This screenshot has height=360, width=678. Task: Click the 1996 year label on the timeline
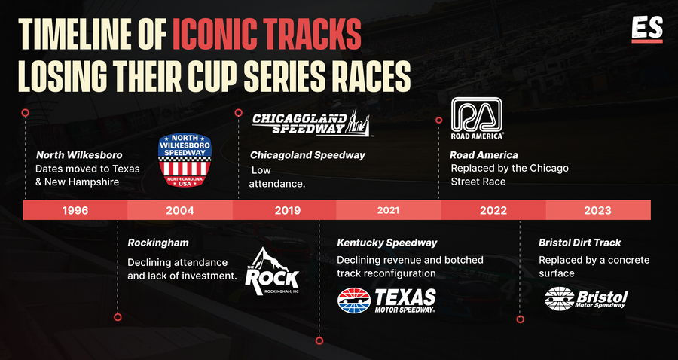click(75, 210)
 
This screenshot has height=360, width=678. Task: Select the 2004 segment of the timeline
click(180, 210)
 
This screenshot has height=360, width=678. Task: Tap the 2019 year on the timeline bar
click(288, 210)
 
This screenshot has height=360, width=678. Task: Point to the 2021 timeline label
click(388, 210)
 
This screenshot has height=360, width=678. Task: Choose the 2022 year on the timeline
click(493, 210)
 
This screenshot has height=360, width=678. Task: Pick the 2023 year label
click(598, 210)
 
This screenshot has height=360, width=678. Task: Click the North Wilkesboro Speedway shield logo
click(185, 160)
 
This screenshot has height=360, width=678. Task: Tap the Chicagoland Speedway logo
click(311, 123)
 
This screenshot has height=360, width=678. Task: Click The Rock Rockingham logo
click(272, 272)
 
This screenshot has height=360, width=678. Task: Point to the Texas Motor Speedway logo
click(386, 300)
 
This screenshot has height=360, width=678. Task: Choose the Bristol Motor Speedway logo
click(586, 298)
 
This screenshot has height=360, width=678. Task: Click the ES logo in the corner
click(647, 30)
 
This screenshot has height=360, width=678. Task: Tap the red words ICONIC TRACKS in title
click(267, 35)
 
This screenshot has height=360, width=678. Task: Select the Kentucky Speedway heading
click(387, 243)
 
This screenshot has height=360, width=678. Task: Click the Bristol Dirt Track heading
click(579, 243)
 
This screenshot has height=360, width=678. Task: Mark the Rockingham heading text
click(158, 243)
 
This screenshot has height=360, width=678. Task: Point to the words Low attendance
click(277, 177)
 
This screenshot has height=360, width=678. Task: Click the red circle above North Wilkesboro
click(25, 113)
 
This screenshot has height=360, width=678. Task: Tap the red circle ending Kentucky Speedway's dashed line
click(319, 340)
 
